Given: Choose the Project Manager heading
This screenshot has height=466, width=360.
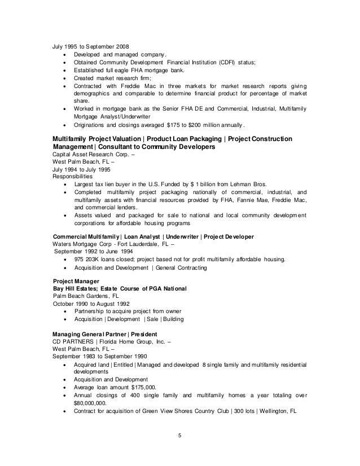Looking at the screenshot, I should pyautogui.click(x=76, y=280).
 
